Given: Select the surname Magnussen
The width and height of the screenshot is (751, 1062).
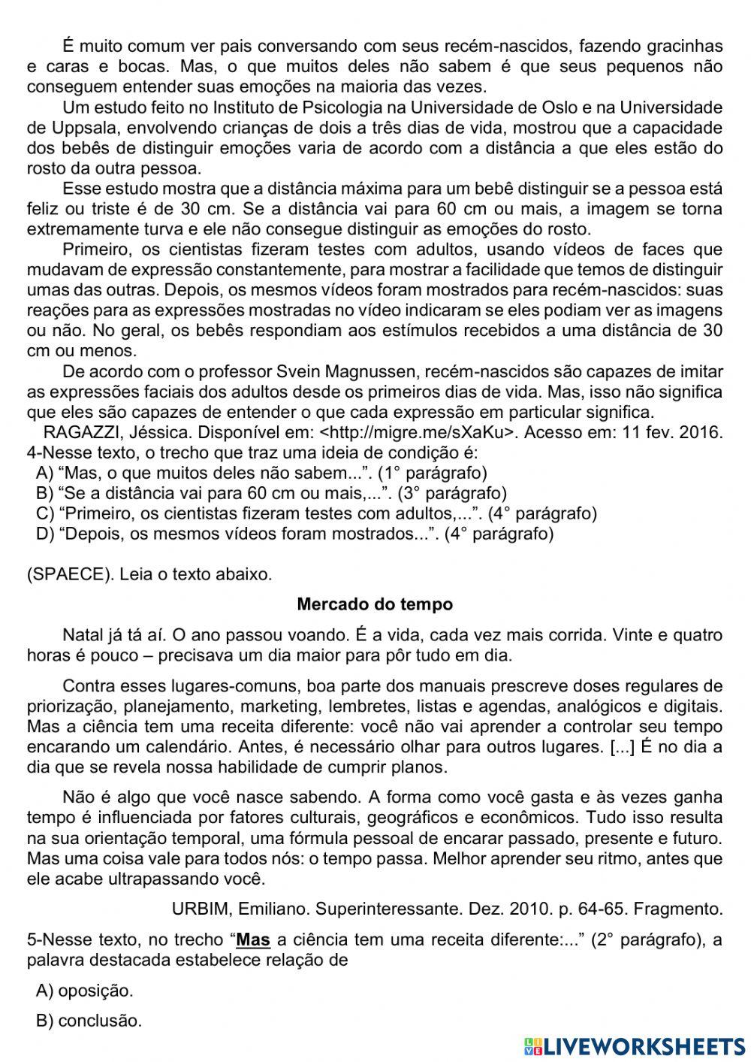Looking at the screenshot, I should tap(379, 371).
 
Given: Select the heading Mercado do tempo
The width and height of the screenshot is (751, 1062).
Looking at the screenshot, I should tap(375, 604).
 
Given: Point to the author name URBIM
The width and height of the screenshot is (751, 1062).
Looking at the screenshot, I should tap(197, 909).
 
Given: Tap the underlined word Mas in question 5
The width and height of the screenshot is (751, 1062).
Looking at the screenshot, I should tap(253, 939).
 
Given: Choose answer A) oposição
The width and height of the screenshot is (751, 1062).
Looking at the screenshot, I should tap(84, 991).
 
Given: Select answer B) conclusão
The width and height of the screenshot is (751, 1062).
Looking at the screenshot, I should tap(89, 1021).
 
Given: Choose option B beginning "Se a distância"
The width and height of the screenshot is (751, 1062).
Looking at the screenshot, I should tap(271, 493).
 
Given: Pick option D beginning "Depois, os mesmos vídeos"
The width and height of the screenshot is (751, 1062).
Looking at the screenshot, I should tap(294, 534).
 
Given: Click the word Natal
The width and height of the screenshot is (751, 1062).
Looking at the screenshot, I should tap(82, 635).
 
